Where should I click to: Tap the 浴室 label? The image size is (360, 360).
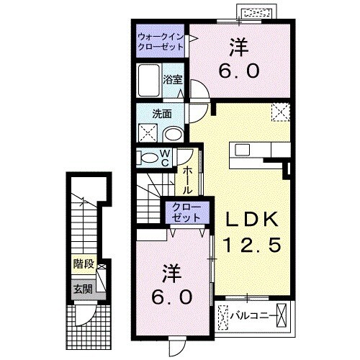pyautogui.click(x=172, y=80)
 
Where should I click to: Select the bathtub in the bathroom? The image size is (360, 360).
pyautogui.click(x=149, y=80)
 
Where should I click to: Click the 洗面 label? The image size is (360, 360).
pyautogui.click(x=161, y=114)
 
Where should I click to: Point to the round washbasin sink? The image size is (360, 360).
pyautogui.click(x=174, y=135)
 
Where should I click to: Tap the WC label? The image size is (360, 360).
pyautogui.click(x=164, y=158)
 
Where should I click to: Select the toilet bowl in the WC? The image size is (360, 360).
pyautogui.click(x=148, y=158)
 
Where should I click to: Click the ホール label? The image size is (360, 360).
pyautogui.click(x=186, y=181)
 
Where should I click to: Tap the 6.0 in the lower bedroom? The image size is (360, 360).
pyautogui.click(x=171, y=296)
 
